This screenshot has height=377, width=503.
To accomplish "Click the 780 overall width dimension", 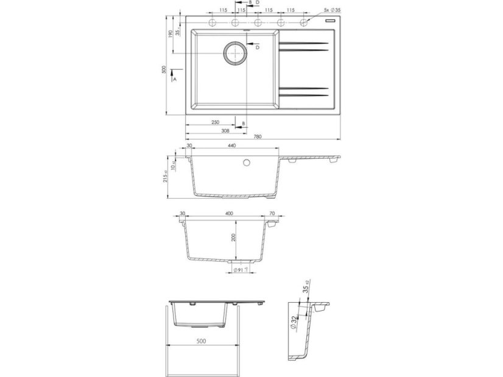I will (x=258, y=137).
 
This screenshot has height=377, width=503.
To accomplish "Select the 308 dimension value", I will (x=208, y=130).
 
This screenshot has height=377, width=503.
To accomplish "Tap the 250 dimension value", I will (x=215, y=122).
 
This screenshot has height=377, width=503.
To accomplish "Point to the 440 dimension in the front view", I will (x=231, y=147).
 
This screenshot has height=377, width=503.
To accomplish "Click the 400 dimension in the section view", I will (x=229, y=215).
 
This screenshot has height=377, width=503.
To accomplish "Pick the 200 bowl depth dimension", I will (x=233, y=238).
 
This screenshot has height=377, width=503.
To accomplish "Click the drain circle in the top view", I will (x=234, y=53).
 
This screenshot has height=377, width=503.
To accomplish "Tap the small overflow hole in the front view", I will (x=247, y=163).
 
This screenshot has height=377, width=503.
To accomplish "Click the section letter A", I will (x=175, y=79).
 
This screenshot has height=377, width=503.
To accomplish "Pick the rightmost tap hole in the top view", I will (x=304, y=22).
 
